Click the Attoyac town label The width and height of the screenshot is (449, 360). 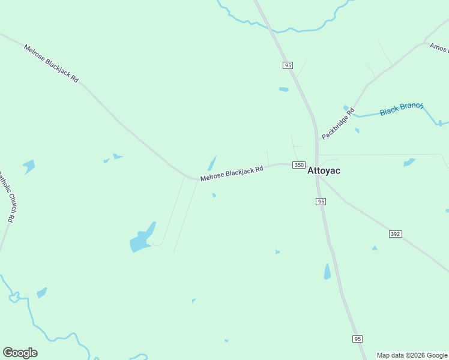(324, 170)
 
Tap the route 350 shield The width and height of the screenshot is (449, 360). (299, 165)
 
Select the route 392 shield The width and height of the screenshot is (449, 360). (395, 233)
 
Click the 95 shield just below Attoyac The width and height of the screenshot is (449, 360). (321, 202)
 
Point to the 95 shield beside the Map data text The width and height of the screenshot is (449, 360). (358, 339)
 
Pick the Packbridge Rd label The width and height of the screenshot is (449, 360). (338, 124)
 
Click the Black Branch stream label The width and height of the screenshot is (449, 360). (402, 109)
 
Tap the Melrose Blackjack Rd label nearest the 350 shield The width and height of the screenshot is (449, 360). (232, 173)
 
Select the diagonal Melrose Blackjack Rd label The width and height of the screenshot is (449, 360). (51, 63)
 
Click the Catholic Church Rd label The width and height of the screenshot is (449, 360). (7, 197)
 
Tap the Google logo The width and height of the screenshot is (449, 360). (20, 353)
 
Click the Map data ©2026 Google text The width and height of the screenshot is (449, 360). (412, 355)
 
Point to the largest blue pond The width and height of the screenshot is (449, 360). (142, 239)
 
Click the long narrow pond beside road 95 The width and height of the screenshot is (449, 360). (327, 272)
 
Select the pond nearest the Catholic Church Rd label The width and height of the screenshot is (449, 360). (29, 166)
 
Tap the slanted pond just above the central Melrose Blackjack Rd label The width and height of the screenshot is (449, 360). (212, 163)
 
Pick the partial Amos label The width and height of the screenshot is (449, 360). (439, 47)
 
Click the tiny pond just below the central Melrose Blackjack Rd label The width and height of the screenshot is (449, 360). (214, 195)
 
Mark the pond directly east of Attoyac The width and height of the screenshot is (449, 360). (409, 162)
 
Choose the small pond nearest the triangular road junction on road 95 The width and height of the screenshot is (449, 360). (284, 89)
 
